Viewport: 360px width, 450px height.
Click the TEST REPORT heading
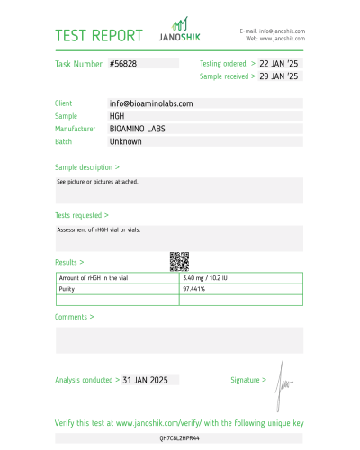point(99,36)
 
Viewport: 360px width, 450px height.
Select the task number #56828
point(123,65)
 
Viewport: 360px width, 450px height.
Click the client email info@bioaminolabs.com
point(151,103)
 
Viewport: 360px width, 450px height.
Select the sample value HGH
point(117,116)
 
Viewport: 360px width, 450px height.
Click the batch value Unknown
point(125,141)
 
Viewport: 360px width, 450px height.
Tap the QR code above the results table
point(179,261)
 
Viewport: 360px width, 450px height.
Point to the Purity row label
point(67,289)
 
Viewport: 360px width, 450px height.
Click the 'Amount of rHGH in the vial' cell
point(93,278)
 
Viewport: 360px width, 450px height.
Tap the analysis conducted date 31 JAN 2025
point(146,381)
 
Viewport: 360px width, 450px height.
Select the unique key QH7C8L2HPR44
point(179,437)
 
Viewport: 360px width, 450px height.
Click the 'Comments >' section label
point(73,317)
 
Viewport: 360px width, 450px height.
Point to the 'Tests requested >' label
point(82,216)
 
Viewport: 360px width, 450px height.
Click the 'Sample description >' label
point(87,167)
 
